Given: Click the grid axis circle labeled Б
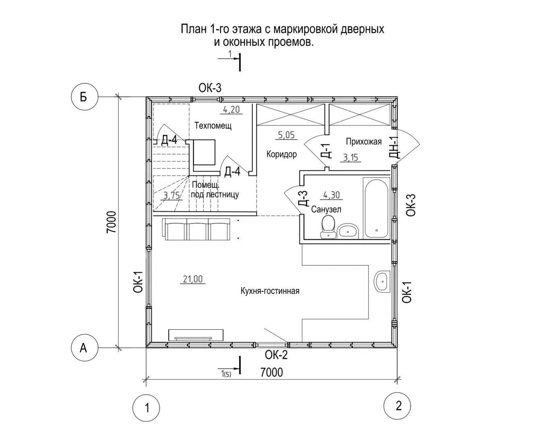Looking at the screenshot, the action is pyautogui.click(x=85, y=97).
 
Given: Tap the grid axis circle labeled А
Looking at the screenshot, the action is pyautogui.click(x=85, y=348).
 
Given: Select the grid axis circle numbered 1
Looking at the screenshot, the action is pyautogui.click(x=146, y=408).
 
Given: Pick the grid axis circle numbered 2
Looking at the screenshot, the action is pyautogui.click(x=397, y=406).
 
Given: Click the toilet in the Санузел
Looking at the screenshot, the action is pyautogui.click(x=328, y=227).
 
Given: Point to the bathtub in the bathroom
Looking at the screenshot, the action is pyautogui.click(x=376, y=208).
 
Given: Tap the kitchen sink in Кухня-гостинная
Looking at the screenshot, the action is pyautogui.click(x=382, y=282).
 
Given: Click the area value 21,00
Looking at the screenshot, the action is pyautogui.click(x=193, y=279).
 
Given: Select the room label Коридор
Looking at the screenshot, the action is pyautogui.click(x=282, y=154).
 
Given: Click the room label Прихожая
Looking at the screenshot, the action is pyautogui.click(x=363, y=141).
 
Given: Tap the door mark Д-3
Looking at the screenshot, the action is pyautogui.click(x=303, y=199).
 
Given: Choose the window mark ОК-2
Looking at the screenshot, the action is pyautogui.click(x=276, y=355).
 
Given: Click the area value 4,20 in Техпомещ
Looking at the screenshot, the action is pyautogui.click(x=231, y=110).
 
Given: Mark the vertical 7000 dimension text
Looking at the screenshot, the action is pyautogui.click(x=112, y=222).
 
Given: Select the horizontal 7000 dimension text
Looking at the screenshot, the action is pyautogui.click(x=272, y=372).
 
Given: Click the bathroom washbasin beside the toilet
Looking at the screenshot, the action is pyautogui.click(x=348, y=231).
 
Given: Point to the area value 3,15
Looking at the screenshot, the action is pyautogui.click(x=351, y=158).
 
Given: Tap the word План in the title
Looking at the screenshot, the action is pyautogui.click(x=193, y=29).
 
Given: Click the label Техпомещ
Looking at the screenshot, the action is pyautogui.click(x=213, y=125).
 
